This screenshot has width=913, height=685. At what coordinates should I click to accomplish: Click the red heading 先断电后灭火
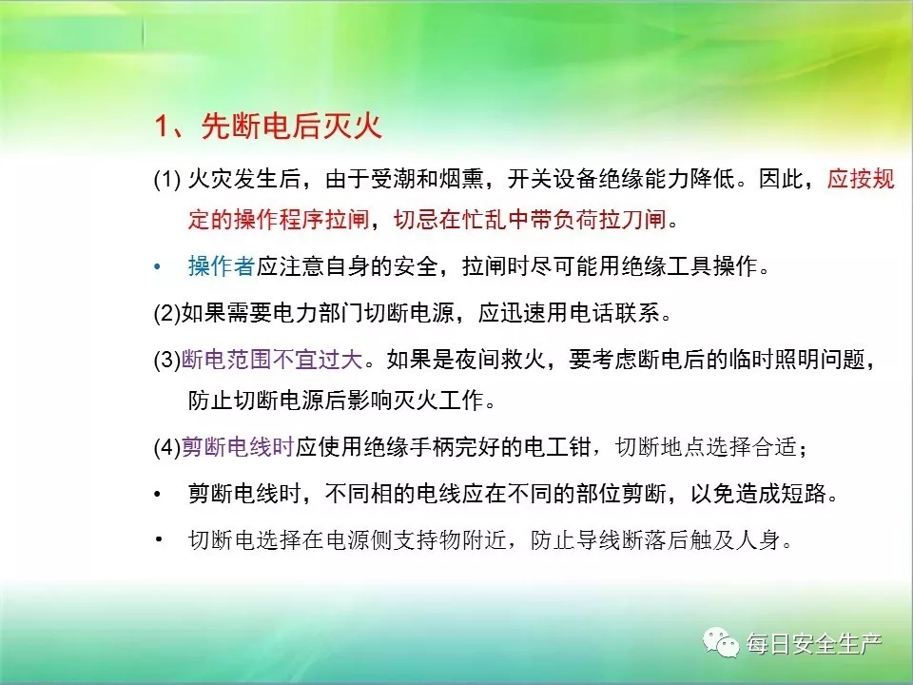tap(291, 126)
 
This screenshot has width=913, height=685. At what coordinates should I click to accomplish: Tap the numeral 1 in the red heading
tap(162, 126)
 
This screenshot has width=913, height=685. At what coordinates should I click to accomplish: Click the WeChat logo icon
tap(721, 642)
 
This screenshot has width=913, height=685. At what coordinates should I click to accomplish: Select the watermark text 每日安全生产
tap(813, 644)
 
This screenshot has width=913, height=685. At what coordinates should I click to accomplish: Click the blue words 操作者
tap(222, 266)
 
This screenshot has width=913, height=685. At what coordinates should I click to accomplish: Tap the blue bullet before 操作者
tap(157, 267)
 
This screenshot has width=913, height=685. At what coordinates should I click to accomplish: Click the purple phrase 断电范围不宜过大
tap(273, 360)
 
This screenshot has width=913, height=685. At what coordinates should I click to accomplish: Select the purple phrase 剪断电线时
tap(238, 447)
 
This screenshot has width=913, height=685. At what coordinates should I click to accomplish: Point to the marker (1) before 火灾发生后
tap(167, 179)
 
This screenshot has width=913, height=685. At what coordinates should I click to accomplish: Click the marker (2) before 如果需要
tap(167, 313)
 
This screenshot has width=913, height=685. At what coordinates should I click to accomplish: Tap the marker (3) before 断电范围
tap(167, 360)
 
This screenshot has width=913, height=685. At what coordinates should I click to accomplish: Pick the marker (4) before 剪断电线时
tap(167, 447)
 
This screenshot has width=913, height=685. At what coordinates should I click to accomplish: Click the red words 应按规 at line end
tap(861, 178)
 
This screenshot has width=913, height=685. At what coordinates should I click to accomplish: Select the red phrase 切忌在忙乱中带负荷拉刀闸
tap(530, 219)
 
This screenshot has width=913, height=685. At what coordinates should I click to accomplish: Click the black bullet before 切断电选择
tap(159, 539)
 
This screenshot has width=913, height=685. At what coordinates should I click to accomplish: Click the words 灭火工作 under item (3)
tap(439, 401)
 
